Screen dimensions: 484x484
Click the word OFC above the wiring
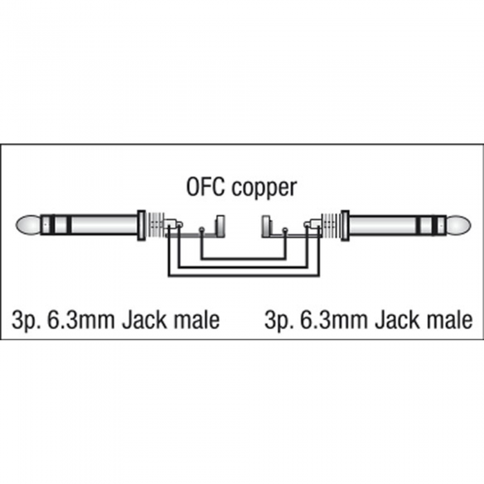tap(205, 187)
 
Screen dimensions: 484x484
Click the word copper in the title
tap(265, 189)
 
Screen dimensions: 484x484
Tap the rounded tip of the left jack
tap(28, 225)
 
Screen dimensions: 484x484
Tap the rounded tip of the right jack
tap(458, 225)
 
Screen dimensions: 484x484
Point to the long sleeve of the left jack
tap(104, 225)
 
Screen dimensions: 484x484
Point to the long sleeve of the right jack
tap(382, 225)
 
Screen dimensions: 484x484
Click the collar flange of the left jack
tap(141, 225)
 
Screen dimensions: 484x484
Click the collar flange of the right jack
tap(345, 225)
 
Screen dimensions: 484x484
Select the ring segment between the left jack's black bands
tap(61, 225)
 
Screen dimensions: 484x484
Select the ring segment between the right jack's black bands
tap(426, 225)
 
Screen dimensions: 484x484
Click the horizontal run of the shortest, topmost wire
tap(243, 259)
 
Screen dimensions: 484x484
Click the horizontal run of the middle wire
tap(243, 267)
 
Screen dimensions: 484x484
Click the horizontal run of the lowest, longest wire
tap(243, 274)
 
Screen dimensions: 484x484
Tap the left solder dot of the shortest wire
tap(202, 230)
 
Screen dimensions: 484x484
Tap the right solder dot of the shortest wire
tap(285, 230)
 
